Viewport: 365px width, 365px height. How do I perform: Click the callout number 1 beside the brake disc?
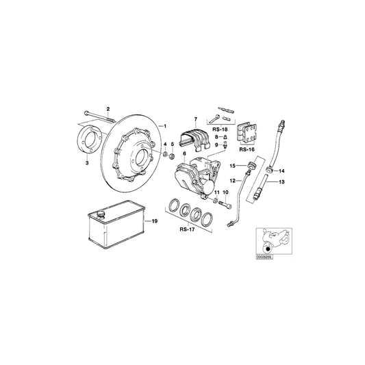point(164,126)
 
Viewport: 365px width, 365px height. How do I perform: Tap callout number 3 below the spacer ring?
point(87,164)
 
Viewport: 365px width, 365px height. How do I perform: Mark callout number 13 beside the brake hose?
point(283,183)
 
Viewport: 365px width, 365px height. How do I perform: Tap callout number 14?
point(282,171)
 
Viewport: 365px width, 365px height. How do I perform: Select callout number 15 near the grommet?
point(232,166)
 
